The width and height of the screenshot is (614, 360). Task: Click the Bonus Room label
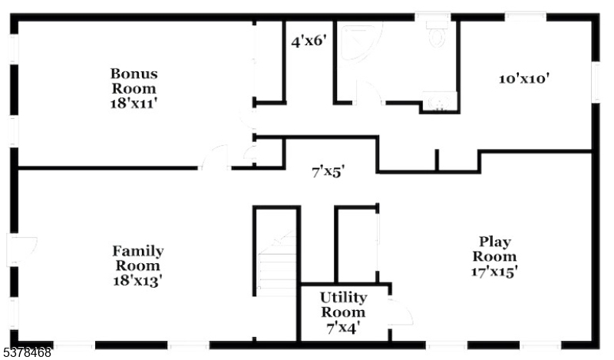[x=134, y=81]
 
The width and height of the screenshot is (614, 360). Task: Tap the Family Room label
[x=138, y=258]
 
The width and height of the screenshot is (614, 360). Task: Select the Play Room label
[x=494, y=249]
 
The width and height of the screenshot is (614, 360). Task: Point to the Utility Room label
[x=343, y=305]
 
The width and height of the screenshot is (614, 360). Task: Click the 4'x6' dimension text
[x=309, y=41]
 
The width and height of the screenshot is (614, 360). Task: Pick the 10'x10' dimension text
[x=524, y=79]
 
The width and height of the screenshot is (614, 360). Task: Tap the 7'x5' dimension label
[x=328, y=172]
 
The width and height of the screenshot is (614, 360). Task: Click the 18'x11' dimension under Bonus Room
[x=134, y=104]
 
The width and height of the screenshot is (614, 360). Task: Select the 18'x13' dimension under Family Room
[x=138, y=280]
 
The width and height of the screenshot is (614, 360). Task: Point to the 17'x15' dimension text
[x=494, y=272]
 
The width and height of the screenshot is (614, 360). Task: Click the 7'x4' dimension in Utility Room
[x=343, y=328]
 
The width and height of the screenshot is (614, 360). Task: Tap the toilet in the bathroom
[x=437, y=33]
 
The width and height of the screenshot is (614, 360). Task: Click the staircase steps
[x=276, y=263]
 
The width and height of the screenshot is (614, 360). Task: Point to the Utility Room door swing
[x=401, y=312]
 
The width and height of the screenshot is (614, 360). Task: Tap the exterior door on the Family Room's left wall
[x=22, y=250]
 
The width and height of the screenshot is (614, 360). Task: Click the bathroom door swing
[x=369, y=92]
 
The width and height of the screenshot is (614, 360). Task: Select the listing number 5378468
[x=25, y=352]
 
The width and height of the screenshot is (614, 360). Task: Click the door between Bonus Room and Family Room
[x=214, y=157]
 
